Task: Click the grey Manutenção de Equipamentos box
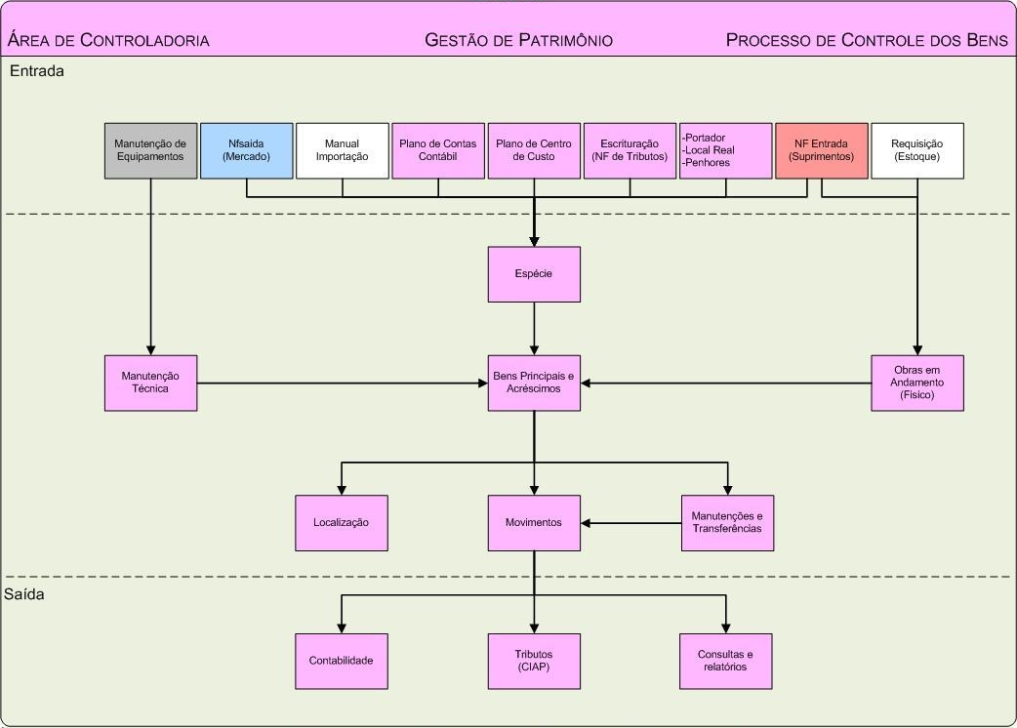151,150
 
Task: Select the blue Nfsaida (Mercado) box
247,150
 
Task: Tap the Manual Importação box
342,150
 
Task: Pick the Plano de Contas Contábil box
438,150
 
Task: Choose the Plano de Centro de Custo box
534,150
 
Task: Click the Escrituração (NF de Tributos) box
630,150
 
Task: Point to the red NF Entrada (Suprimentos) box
822,150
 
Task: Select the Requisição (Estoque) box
917,150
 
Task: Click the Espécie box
534,274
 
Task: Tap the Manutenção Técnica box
151,383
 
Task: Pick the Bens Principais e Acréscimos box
534,383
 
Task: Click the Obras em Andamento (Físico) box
917,383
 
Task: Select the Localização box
342,523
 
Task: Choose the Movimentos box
534,523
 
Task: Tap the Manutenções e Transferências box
727,523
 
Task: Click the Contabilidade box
342,661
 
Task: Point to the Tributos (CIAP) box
534,661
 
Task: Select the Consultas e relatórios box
727,661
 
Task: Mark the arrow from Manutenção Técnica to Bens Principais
342,383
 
